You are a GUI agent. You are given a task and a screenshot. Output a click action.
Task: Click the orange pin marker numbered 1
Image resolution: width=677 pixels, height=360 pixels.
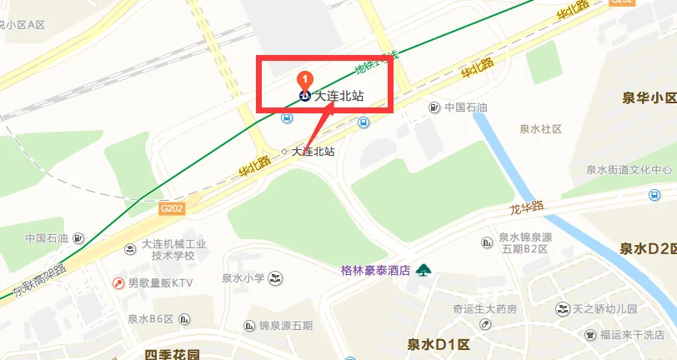click(x=305, y=80)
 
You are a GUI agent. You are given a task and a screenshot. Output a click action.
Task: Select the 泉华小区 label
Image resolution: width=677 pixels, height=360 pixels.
click(x=649, y=98)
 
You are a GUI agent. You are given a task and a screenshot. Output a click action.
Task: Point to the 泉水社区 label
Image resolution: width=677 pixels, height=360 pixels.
click(x=541, y=129)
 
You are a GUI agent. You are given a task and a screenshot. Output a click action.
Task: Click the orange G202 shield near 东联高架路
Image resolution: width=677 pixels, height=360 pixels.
click(x=172, y=209)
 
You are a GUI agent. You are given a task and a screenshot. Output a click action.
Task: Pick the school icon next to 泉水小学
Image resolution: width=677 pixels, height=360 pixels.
click(x=278, y=277)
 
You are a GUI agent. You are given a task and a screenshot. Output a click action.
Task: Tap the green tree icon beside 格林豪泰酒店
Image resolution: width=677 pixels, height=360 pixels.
click(x=424, y=269)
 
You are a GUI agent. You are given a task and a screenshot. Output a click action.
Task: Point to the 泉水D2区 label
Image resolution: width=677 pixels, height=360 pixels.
click(x=647, y=248)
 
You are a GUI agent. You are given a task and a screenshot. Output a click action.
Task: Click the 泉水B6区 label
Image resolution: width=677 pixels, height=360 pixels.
click(x=150, y=318)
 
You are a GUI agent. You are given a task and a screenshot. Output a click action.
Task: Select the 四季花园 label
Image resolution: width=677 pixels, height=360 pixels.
click(x=173, y=354)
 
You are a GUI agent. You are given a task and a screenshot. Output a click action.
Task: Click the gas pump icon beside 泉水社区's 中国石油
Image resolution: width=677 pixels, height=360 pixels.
click(x=434, y=107)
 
